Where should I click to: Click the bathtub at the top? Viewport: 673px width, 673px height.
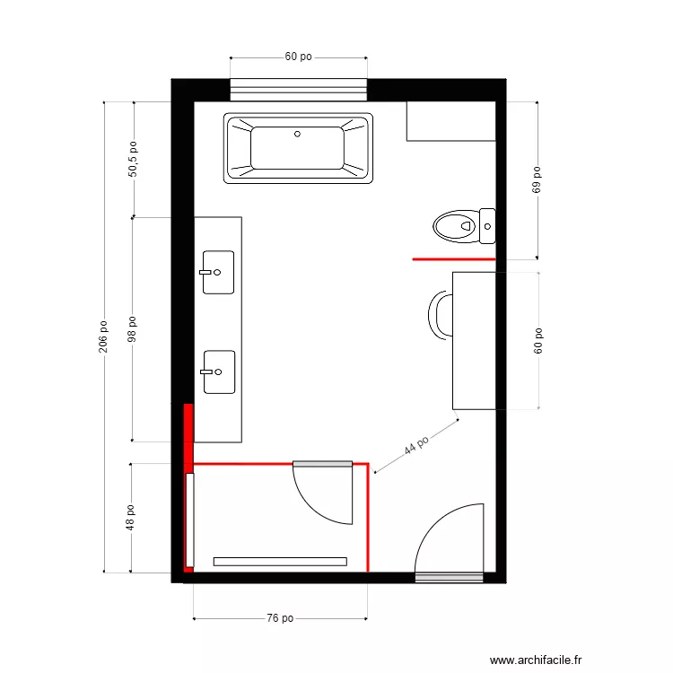point(299,148)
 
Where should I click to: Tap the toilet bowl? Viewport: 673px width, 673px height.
point(454,225)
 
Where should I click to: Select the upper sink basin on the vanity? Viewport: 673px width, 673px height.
point(218,272)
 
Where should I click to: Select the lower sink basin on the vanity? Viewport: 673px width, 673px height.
point(219,371)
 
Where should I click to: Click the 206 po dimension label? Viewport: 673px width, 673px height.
point(103,336)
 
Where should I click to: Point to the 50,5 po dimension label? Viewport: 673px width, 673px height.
point(133,159)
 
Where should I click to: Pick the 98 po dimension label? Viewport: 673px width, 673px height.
point(133,329)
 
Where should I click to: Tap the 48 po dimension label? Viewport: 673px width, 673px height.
point(131,517)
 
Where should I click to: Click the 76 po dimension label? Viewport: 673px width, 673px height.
point(280,618)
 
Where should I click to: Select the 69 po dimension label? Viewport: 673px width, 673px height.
point(538,180)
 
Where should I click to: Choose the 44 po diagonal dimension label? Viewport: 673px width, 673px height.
point(415,445)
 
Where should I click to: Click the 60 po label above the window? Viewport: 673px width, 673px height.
point(298,57)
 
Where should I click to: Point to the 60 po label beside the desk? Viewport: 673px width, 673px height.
point(538,341)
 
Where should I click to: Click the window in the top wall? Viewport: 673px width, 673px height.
point(299,89)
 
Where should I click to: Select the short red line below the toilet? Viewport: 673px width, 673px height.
point(454,258)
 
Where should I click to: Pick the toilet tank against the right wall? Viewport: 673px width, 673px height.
point(487,225)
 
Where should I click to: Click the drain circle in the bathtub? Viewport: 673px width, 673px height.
point(298,135)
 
